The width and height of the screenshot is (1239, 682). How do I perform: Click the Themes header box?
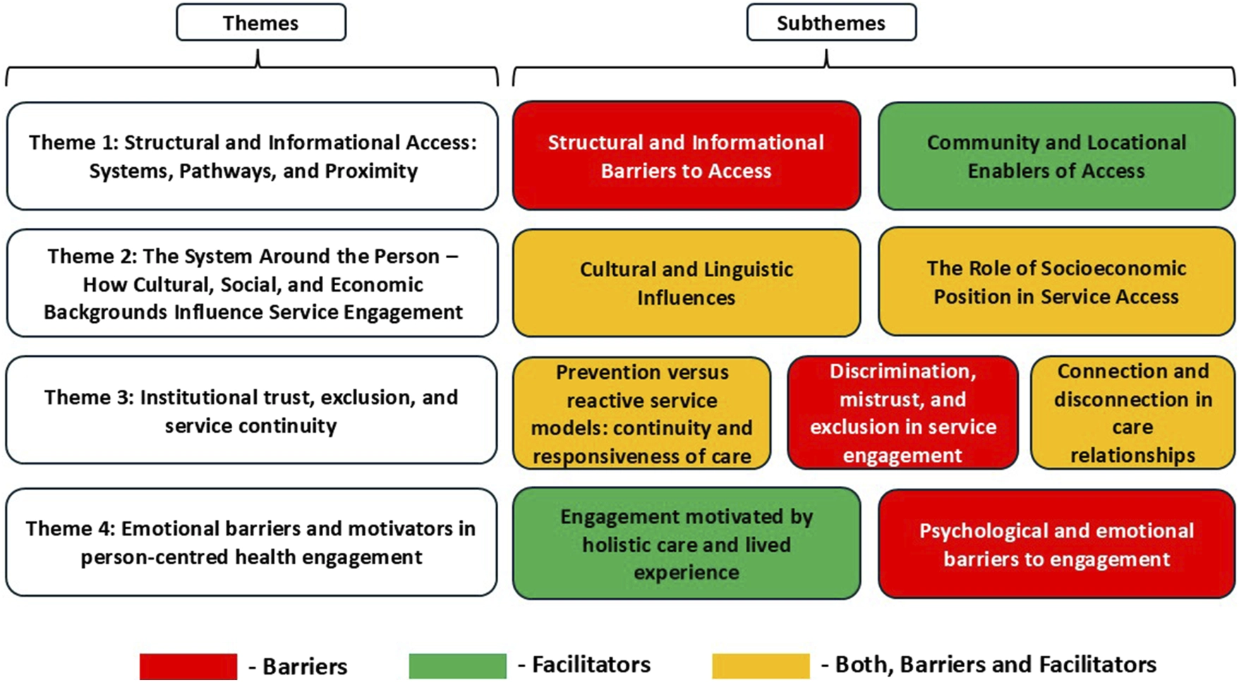pyautogui.click(x=261, y=23)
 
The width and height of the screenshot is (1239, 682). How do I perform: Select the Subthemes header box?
pyautogui.click(x=831, y=23)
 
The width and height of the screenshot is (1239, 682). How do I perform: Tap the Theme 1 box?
pyautogui.click(x=253, y=156)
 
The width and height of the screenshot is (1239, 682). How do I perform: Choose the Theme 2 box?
pyautogui.click(x=253, y=283)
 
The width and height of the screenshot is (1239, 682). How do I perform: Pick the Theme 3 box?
pyautogui.click(x=252, y=410)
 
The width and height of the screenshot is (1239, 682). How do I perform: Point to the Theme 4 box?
pyautogui.click(x=252, y=542)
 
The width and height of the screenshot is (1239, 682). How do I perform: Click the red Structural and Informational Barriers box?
pyautogui.click(x=687, y=156)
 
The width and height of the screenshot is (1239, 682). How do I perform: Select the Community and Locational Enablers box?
pyautogui.click(x=1056, y=156)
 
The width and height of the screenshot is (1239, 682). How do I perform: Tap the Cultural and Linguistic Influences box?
pyautogui.click(x=687, y=283)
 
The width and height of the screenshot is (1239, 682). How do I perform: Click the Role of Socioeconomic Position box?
pyautogui.click(x=1056, y=281)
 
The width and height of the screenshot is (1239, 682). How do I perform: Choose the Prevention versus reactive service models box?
pyautogui.click(x=642, y=413)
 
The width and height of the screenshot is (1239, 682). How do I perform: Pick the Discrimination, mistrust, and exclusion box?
pyautogui.click(x=902, y=413)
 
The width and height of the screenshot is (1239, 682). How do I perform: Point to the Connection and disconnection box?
pyautogui.click(x=1132, y=413)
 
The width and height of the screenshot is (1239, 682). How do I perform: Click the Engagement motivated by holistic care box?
pyautogui.click(x=687, y=544)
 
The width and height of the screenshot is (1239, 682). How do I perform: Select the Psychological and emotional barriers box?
pyautogui.click(x=1056, y=544)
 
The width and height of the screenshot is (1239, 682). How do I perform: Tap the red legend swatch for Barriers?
pyautogui.click(x=188, y=666)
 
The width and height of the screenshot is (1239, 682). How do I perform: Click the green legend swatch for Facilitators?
pyautogui.click(x=458, y=666)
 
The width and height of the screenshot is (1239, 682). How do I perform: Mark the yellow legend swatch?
pyautogui.click(x=761, y=666)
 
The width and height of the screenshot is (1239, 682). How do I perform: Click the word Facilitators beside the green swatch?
pyautogui.click(x=591, y=665)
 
